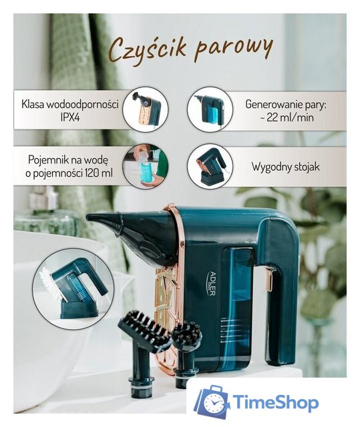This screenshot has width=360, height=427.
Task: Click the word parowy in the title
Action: click(x=234, y=48)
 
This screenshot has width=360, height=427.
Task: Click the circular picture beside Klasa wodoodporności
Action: click(x=145, y=109)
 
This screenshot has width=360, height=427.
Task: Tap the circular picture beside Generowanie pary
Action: click(x=209, y=109)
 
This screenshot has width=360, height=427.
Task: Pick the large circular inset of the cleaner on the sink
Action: click(x=73, y=288)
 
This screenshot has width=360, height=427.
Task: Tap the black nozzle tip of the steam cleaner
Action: click(x=100, y=221)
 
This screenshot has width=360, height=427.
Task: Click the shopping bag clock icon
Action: click(x=212, y=402)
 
